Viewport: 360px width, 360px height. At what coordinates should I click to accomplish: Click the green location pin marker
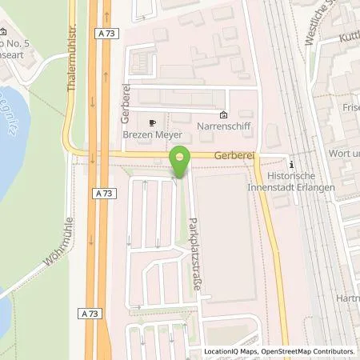(181, 162)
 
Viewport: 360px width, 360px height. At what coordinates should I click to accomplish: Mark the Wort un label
(344, 150)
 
